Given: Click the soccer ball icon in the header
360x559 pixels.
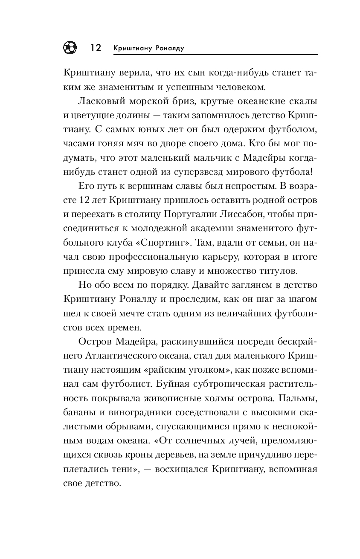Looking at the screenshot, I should tap(70, 47).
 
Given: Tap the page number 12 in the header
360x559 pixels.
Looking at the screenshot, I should tap(96, 48).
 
